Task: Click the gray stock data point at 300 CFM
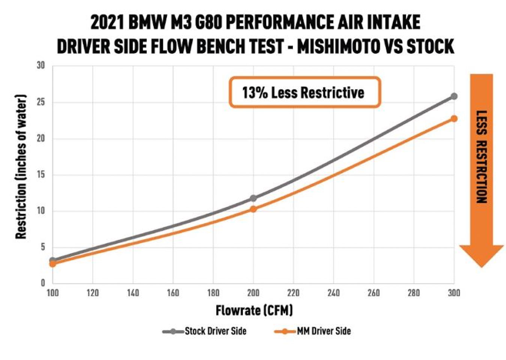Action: [454, 96]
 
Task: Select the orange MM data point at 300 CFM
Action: [454, 118]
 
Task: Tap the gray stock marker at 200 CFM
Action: [253, 198]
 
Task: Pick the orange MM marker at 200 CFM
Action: [253, 209]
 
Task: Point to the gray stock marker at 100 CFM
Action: [53, 260]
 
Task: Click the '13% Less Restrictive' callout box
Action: [304, 93]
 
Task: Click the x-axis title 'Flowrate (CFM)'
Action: [254, 310]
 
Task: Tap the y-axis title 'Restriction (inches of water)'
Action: [21, 167]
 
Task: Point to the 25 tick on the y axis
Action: [40, 102]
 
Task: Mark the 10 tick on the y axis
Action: [40, 211]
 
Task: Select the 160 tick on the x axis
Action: [173, 293]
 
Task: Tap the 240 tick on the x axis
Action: [333, 293]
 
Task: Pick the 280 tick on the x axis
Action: [413, 293]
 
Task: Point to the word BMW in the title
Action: [146, 22]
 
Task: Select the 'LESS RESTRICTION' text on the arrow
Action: [481, 157]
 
